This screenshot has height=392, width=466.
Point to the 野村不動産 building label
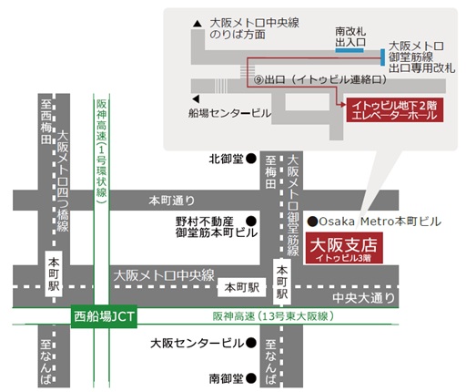pos(205,221)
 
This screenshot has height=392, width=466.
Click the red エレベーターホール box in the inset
pos(390,113)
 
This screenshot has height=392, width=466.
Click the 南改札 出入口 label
pos(350,36)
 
